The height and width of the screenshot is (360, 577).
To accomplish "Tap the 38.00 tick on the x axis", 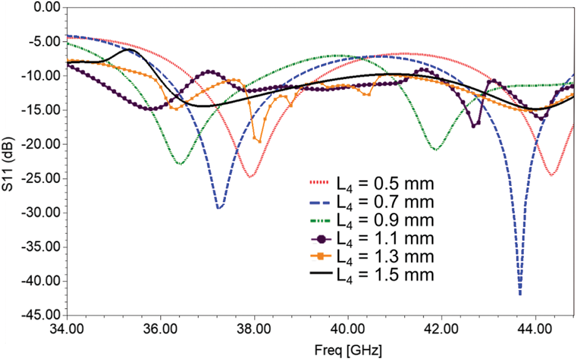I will pos(254,330).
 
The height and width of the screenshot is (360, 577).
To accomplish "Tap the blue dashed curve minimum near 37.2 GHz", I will pos(220,208).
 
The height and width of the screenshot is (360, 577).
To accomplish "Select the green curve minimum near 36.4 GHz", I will pos(179,164).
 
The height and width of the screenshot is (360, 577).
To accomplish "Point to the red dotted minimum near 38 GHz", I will pos(251,176).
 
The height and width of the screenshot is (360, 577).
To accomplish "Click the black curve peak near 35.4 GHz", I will pos(132,50).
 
